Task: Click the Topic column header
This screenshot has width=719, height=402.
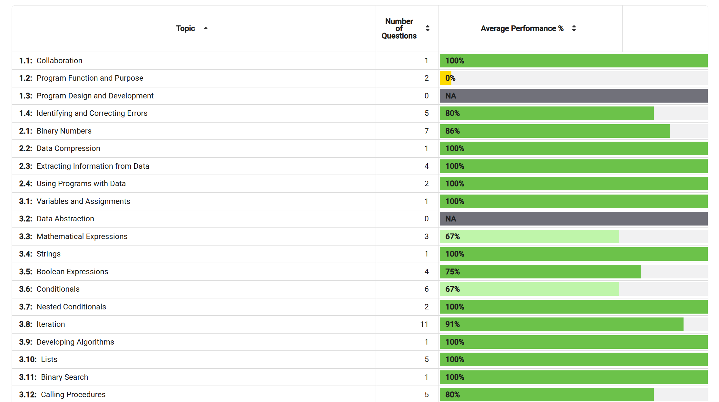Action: pos(185,28)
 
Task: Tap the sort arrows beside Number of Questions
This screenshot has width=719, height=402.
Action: pos(428,28)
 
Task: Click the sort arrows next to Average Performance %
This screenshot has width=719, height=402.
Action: pos(574,28)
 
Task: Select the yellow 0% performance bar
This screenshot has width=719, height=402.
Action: pos(445,78)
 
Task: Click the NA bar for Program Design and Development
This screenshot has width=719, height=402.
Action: pos(574,96)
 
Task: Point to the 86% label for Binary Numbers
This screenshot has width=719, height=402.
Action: pos(452,131)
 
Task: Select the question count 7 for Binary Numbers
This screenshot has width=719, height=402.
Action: pos(427,131)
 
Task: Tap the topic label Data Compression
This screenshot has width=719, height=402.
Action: pos(68,148)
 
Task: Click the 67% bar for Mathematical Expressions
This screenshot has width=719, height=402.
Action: pos(529,236)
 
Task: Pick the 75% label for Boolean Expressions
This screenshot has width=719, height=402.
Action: pos(452,272)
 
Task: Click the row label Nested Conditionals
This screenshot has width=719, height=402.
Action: pos(71,307)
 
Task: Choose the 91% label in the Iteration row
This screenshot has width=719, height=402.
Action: pos(452,324)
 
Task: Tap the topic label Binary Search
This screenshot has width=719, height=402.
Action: pos(64,377)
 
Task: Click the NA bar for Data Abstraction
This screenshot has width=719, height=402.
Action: pos(574,219)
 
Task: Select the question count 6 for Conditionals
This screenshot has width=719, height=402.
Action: pos(427,289)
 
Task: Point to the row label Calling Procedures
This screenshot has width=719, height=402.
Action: pos(73,395)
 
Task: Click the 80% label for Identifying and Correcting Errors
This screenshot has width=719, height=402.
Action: pos(452,113)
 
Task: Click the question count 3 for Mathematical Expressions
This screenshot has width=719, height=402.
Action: pos(427,236)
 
